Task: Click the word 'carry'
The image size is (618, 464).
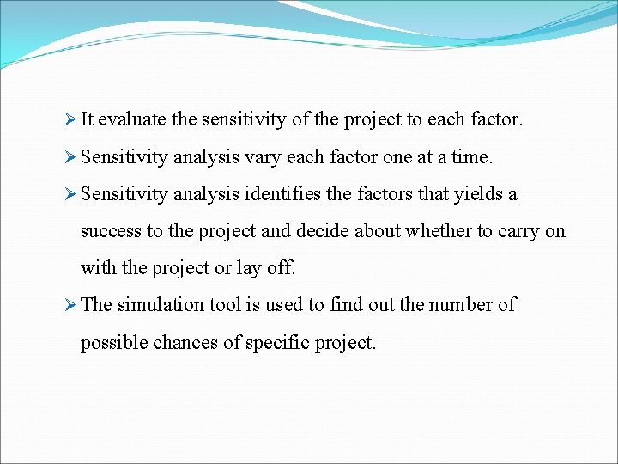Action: [x=516, y=232]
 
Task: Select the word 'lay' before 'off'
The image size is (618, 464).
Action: [x=248, y=268]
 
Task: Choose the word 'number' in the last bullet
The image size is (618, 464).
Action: [x=460, y=305]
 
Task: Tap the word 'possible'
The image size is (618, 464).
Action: [x=113, y=343]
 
